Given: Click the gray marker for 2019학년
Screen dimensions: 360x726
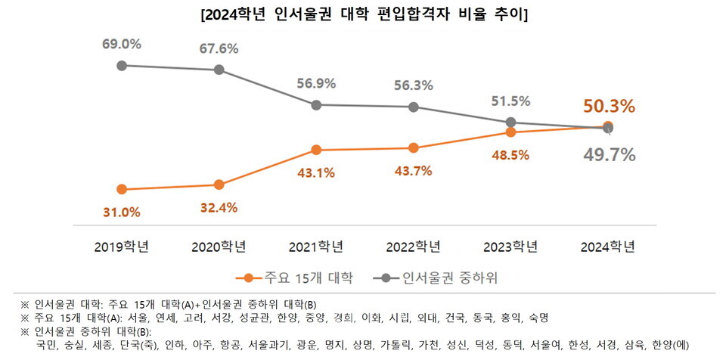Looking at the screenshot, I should [x=121, y=65].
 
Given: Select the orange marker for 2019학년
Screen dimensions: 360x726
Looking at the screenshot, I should [x=121, y=189].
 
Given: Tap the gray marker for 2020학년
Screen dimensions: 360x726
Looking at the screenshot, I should [x=219, y=70].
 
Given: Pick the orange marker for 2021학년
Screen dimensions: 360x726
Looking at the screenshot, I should [x=316, y=150].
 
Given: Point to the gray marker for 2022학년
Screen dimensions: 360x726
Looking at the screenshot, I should [x=413, y=107].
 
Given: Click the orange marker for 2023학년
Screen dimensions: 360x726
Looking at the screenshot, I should [x=510, y=132].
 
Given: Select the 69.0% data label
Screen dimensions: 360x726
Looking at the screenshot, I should [x=121, y=44].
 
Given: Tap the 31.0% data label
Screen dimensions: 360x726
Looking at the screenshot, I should [x=121, y=212].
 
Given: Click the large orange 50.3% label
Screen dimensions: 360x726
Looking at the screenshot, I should [x=608, y=106].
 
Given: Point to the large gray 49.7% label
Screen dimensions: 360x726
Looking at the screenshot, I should [x=608, y=155].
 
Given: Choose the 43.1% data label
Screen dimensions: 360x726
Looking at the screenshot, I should [x=316, y=172].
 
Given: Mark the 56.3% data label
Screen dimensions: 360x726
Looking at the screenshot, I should [x=413, y=85].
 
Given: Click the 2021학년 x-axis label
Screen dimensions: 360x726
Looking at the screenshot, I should [x=316, y=247].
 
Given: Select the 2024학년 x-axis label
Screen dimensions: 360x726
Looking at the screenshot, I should [x=608, y=247].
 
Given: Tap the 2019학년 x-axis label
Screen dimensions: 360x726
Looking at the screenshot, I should [x=121, y=247].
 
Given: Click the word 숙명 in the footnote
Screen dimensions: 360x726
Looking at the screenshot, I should [x=538, y=317].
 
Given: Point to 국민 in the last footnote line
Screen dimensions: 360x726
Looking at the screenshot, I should [x=48, y=346].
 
